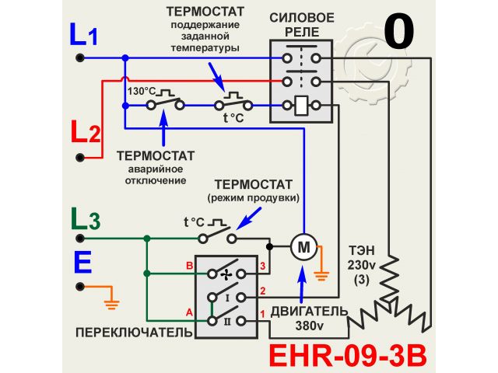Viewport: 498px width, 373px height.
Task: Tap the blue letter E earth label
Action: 83,263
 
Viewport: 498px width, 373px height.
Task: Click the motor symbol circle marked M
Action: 303,247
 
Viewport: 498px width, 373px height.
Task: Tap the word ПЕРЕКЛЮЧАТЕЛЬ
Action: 133,333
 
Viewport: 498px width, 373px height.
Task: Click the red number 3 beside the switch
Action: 262,267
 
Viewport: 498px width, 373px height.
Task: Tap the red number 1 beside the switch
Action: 262,313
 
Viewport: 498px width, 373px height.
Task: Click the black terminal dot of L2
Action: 79,157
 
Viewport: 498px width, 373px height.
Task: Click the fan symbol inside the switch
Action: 226,274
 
